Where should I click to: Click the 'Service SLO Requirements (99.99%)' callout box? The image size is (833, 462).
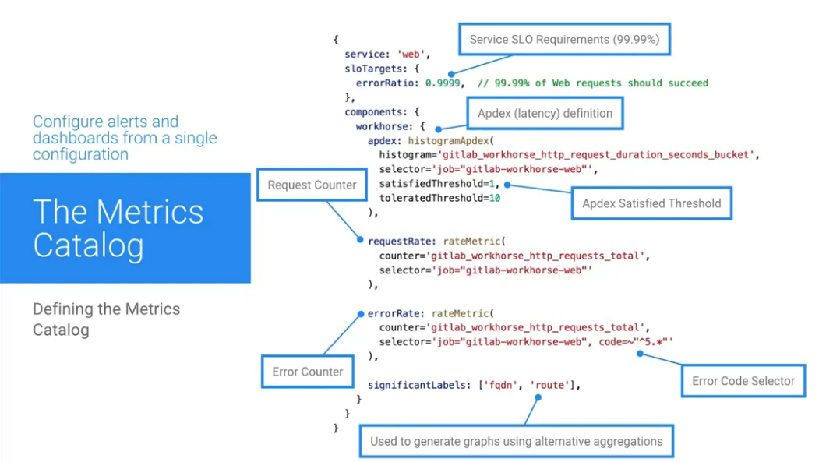[564, 39]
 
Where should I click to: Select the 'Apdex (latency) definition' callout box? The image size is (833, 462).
[545, 113]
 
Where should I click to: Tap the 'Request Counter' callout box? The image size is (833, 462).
[312, 185]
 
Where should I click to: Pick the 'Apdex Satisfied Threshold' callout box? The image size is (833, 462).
[651, 203]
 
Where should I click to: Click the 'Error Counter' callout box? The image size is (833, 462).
[307, 372]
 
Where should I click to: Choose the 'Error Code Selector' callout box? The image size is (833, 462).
[743, 381]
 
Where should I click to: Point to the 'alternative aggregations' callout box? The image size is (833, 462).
[516, 441]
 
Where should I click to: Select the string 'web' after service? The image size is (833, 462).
[409, 55]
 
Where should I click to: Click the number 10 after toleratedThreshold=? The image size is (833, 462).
[494, 198]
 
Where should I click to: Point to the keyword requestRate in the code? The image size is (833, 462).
[395, 242]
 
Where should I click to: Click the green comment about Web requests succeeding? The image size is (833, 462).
[593, 83]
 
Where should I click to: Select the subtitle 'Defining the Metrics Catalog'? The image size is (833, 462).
[106, 319]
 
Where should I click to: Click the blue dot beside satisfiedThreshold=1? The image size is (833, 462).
[507, 185]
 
